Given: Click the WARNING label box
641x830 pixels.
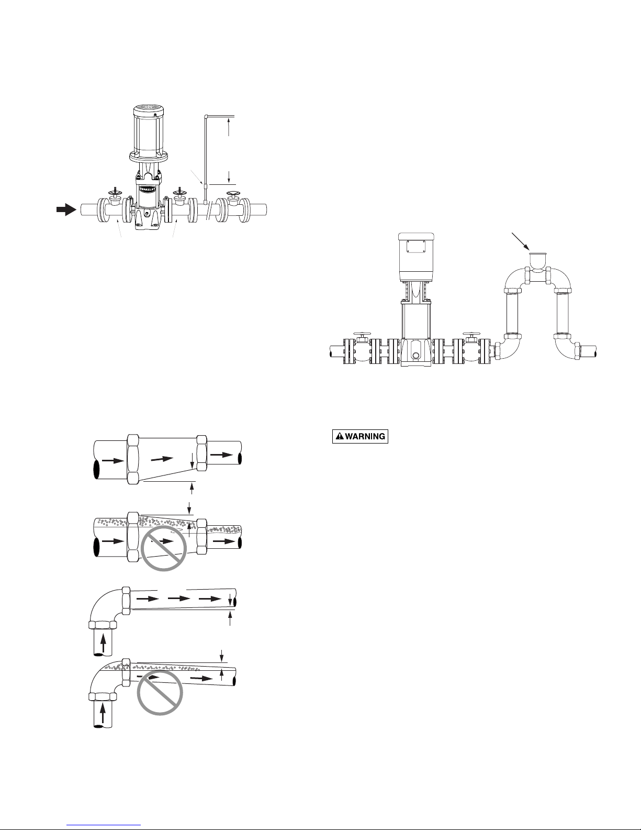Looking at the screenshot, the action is point(361,436).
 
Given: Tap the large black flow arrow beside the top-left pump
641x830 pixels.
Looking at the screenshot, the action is point(65,209).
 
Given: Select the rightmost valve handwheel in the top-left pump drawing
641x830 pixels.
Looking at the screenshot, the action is point(233,196).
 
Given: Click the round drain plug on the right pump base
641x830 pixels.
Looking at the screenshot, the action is point(415,355).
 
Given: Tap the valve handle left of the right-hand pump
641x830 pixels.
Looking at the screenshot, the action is point(361,334).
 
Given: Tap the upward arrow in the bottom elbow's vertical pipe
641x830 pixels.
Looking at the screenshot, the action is point(103,712).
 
